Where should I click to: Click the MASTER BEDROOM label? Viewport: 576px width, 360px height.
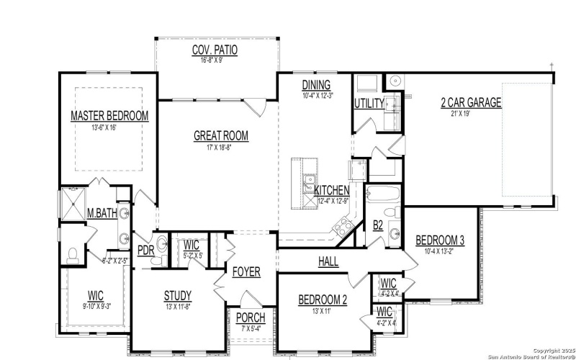coord(109,116)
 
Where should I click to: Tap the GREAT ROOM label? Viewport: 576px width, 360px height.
coord(221,135)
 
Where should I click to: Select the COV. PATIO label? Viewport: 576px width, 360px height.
coord(215,50)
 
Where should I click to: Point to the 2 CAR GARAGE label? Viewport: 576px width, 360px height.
coord(471,102)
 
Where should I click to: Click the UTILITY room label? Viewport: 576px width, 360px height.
coord(369,104)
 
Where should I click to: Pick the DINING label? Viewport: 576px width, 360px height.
coord(316,85)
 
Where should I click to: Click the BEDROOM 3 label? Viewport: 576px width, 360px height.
coord(440,240)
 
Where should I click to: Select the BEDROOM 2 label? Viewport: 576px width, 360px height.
coord(323,300)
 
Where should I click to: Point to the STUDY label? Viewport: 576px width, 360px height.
coord(177,295)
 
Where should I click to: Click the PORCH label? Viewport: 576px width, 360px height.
coord(251,318)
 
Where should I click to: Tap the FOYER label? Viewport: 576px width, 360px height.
coord(246,272)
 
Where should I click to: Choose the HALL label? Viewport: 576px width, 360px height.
coord(328,262)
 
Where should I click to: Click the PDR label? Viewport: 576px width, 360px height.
coord(145,250)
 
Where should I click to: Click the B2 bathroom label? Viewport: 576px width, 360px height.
coord(378,225)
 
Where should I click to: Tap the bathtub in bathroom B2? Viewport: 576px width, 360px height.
coord(384,194)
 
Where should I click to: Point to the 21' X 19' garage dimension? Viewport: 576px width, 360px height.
coord(471,113)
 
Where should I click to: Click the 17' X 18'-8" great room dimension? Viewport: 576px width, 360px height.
coord(221,146)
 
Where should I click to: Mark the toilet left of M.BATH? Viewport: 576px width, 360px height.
coord(72,254)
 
